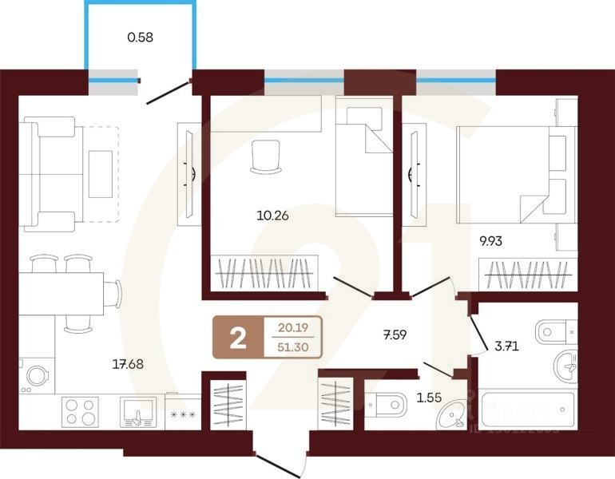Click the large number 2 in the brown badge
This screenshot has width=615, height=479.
pyautogui.click(x=237, y=339)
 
